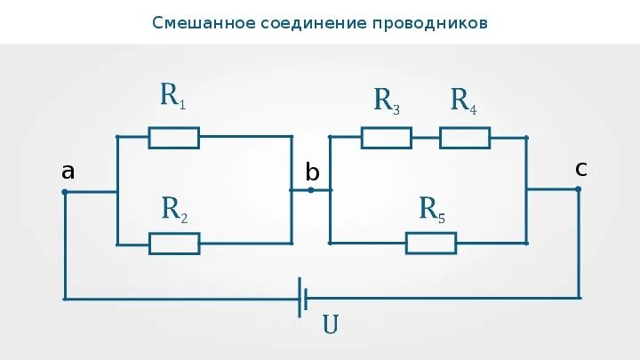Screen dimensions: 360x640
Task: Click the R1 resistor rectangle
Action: pyautogui.click(x=173, y=137)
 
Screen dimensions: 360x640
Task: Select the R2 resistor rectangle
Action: pyautogui.click(x=173, y=243)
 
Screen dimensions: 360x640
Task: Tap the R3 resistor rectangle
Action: pyautogui.click(x=386, y=137)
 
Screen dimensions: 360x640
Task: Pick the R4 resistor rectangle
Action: pyautogui.click(x=464, y=137)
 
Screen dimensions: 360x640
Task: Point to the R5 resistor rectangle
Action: pyautogui.click(x=430, y=243)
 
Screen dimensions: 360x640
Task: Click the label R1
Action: pyautogui.click(x=172, y=96)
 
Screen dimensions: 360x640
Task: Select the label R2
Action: pyautogui.click(x=173, y=209)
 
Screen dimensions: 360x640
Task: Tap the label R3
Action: pyautogui.click(x=386, y=100)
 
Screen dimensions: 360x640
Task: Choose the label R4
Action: pyautogui.click(x=463, y=100)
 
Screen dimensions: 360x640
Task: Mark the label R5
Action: pyautogui.click(x=432, y=210)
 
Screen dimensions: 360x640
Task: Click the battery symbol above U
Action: pyautogui.click(x=303, y=297)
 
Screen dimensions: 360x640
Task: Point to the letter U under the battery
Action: pyautogui.click(x=330, y=325)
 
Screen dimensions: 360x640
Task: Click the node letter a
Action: pyautogui.click(x=68, y=172)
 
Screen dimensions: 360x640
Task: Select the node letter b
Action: pyautogui.click(x=312, y=173)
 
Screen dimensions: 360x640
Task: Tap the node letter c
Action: pyautogui.click(x=580, y=168)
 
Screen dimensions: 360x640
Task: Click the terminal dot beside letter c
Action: pyautogui.click(x=579, y=188)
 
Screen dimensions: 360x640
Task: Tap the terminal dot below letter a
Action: pyautogui.click(x=64, y=191)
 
